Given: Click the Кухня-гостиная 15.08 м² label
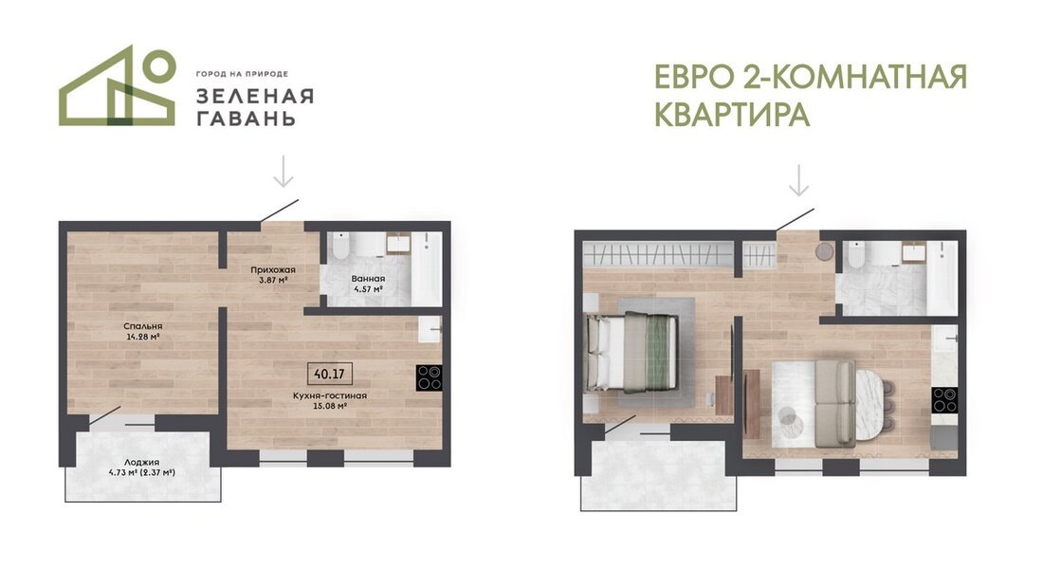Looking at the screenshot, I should [x=330, y=400].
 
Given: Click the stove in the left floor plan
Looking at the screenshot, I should [x=430, y=376].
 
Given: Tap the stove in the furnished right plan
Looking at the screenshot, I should [x=943, y=400].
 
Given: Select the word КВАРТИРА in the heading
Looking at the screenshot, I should [x=731, y=115].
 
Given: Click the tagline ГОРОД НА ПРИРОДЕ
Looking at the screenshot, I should [x=241, y=73].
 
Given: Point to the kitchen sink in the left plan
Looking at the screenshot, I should [x=430, y=329].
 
